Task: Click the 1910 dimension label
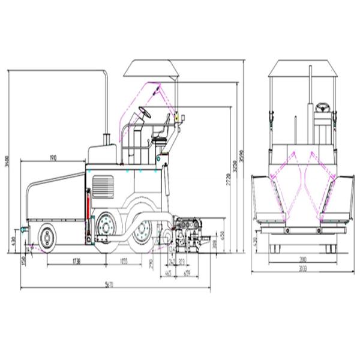coord(52,157)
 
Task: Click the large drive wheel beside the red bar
coord(106,227)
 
